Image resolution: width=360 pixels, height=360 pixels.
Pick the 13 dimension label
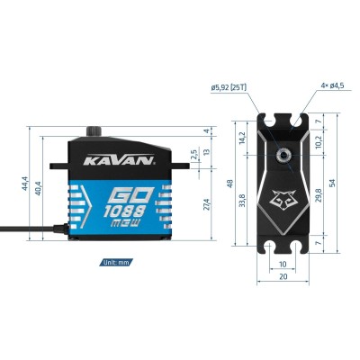click(x=209, y=152)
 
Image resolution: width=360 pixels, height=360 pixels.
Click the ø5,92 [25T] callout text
click(x=229, y=87)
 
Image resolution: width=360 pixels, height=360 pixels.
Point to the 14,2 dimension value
click(x=241, y=139)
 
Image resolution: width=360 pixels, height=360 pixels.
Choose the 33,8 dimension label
click(x=241, y=202)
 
